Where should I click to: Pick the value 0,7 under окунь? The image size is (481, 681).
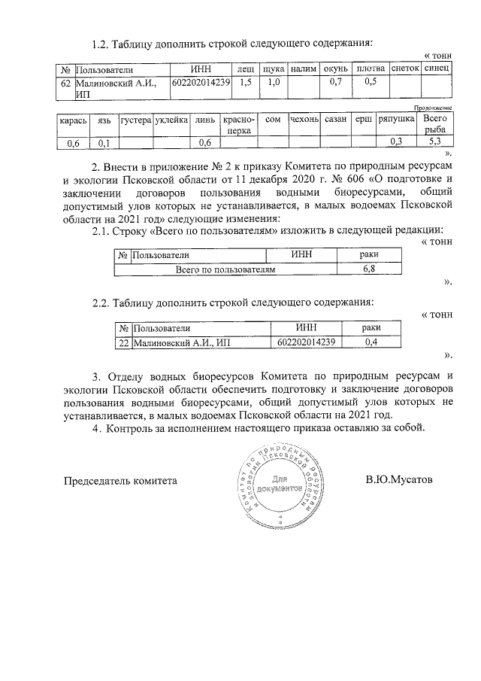tap(336, 81)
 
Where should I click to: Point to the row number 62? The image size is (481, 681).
tap(65, 82)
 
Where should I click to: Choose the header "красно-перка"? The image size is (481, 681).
tap(240, 125)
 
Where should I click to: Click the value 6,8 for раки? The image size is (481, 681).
tap(369, 268)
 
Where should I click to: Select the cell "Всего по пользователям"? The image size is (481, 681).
tap(226, 268)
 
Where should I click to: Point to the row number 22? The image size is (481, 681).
tap(123, 342)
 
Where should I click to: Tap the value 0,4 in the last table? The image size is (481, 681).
tap(369, 342)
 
